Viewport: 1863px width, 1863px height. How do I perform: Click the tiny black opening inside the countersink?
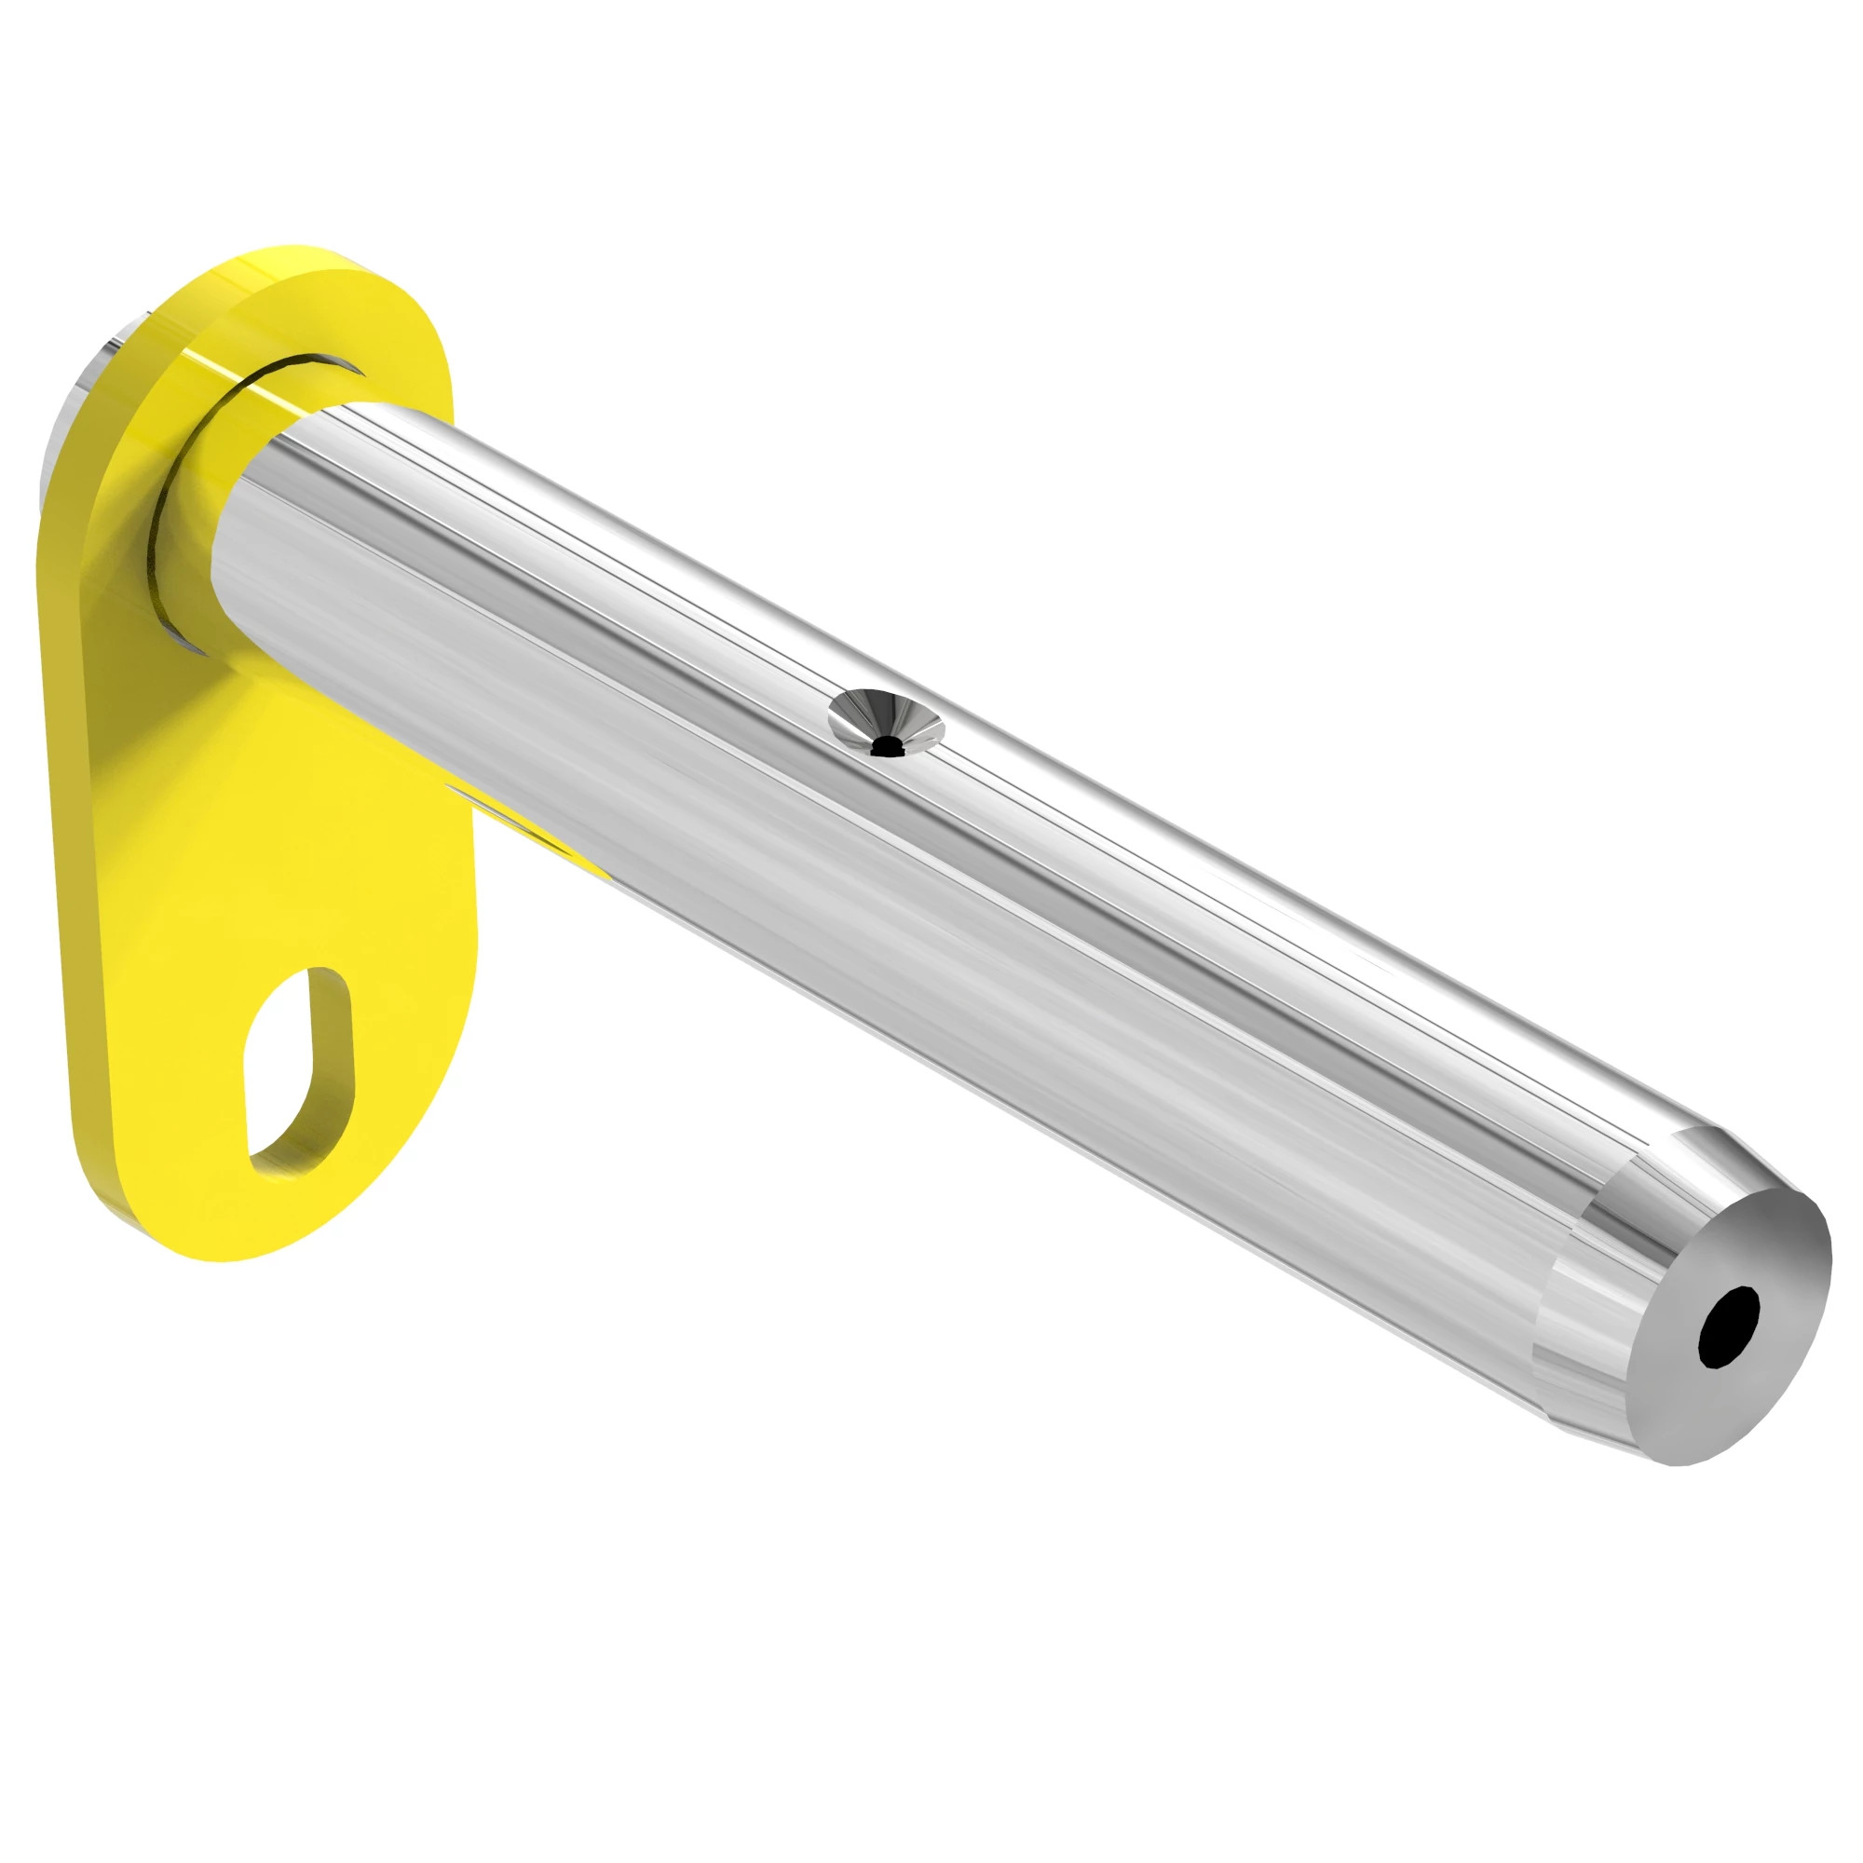coord(884,744)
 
